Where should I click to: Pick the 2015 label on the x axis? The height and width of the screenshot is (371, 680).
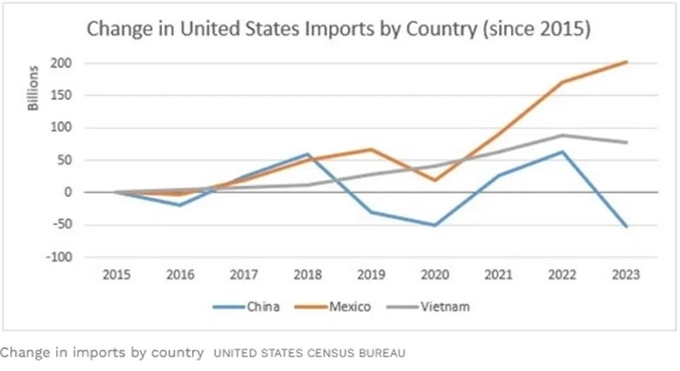(115, 276)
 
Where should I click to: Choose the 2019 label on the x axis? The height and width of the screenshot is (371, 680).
(371, 276)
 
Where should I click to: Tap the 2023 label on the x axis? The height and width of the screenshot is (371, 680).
(626, 276)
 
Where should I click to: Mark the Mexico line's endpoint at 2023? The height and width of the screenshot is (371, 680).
(626, 62)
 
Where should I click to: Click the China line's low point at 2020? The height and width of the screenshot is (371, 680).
(434, 225)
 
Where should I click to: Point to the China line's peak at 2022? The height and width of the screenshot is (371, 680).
(563, 152)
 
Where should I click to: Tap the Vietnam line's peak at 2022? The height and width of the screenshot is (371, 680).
(563, 135)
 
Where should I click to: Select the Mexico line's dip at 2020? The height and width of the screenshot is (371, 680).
(434, 180)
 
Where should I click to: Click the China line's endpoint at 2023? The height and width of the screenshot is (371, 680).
(626, 227)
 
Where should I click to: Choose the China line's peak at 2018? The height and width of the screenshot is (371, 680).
(307, 154)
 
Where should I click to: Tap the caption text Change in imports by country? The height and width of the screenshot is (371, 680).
(102, 351)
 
